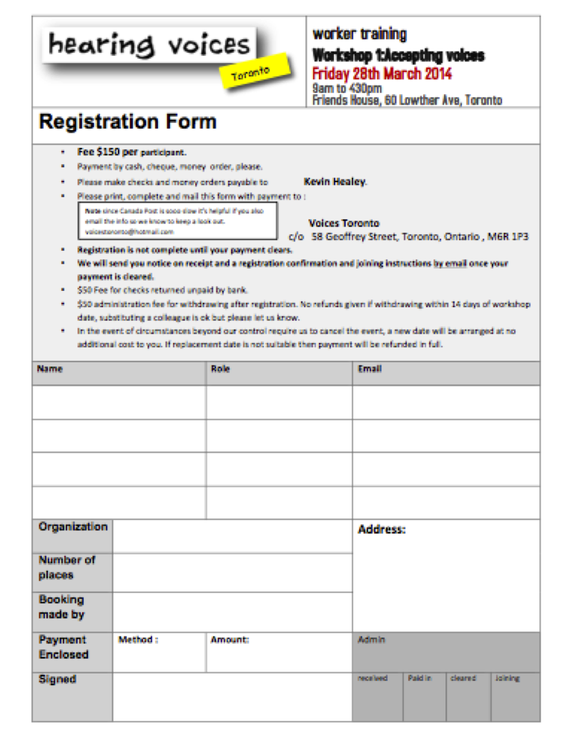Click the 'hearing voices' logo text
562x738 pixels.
point(149,46)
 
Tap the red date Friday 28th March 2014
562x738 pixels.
point(382,74)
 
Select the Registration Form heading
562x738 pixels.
point(127,121)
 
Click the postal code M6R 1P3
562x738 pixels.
point(512,236)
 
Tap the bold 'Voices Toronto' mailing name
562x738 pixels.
point(344,223)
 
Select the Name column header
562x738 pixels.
point(50,369)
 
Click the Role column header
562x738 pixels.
point(220,369)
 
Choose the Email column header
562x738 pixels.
point(369,369)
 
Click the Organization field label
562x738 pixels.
point(73,527)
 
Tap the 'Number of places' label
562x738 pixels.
point(66,567)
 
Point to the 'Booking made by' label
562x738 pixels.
point(61,607)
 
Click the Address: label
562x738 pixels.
point(381,530)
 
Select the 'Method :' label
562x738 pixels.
point(138,640)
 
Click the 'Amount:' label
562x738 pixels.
point(230,640)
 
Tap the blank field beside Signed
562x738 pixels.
point(232,697)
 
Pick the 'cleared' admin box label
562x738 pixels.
point(463,678)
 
